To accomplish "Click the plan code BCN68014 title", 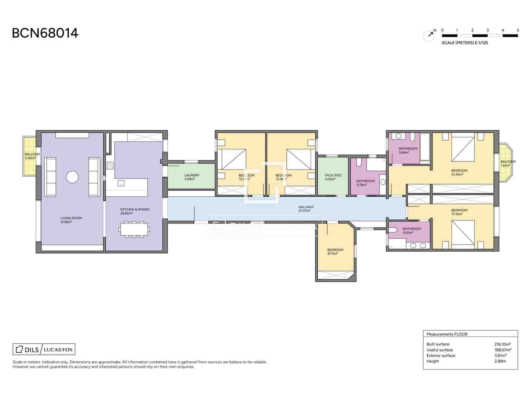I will (x=45, y=33).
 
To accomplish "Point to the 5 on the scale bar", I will (x=518, y=30).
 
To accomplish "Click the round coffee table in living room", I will (x=72, y=177).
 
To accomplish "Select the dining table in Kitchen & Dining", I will (x=134, y=229).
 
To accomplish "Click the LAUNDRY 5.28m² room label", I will (x=192, y=177).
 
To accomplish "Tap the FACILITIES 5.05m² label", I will (x=333, y=177).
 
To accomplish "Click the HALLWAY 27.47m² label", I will (x=306, y=209).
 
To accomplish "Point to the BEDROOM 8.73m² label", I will (x=335, y=251).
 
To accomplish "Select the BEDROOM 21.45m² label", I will (x=459, y=172).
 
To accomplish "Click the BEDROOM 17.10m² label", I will (x=459, y=212).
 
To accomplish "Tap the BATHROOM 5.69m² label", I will (x=407, y=151).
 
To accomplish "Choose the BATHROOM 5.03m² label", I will (x=411, y=231).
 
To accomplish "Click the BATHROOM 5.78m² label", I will (x=365, y=183).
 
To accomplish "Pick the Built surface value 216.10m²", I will (x=502, y=344).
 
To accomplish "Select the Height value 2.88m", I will (x=500, y=361).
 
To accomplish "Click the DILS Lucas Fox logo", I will (x=44, y=349).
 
